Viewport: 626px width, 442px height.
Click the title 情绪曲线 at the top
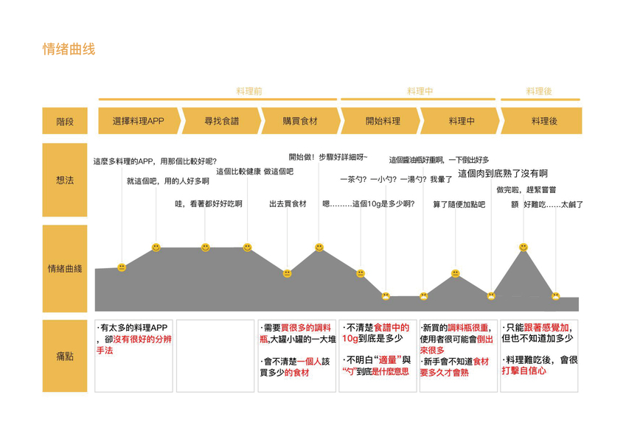(x=69, y=49)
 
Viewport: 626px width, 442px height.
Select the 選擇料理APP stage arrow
(x=138, y=121)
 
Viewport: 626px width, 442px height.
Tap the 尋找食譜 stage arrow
(x=221, y=121)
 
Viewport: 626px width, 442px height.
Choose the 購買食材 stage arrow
(x=299, y=121)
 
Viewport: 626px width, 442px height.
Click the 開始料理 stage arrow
(x=382, y=121)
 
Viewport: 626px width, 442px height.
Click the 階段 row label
(x=65, y=121)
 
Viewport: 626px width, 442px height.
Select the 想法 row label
(x=65, y=180)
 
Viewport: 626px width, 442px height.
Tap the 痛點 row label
(x=65, y=356)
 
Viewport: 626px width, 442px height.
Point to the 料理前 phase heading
(x=249, y=91)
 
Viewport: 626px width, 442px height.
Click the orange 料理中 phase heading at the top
(x=420, y=91)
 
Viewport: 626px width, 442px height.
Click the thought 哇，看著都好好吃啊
(x=209, y=204)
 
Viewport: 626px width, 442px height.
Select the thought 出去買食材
(x=288, y=204)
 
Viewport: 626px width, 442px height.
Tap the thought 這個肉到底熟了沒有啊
(x=502, y=174)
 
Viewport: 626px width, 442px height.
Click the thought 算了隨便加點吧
(x=459, y=204)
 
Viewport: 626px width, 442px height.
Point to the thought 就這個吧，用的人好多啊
(x=167, y=180)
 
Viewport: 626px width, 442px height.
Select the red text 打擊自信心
(x=524, y=371)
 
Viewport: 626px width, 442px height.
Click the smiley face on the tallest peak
(x=523, y=247)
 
